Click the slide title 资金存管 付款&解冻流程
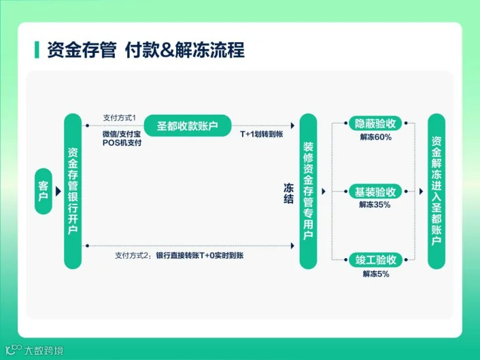pyautogui.click(x=145, y=50)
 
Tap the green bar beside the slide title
pyautogui.click(x=37, y=50)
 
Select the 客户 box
pyautogui.click(x=44, y=192)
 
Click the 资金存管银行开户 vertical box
pyautogui.click(x=73, y=191)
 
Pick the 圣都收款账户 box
pyautogui.click(x=188, y=126)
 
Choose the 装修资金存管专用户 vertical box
pyautogui.click(x=308, y=191)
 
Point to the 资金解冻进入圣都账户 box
pyautogui.click(x=436, y=191)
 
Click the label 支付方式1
pyautogui.click(x=120, y=117)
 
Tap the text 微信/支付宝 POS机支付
pyautogui.click(x=122, y=138)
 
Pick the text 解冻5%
pyautogui.click(x=375, y=274)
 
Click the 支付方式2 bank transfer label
pyautogui.click(x=179, y=255)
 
